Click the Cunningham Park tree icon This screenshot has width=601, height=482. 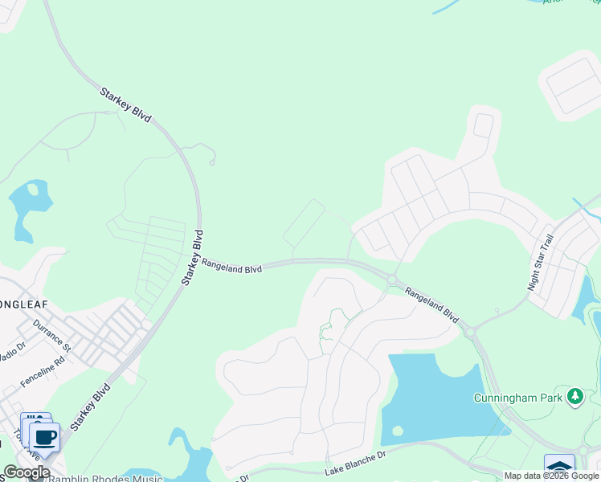point(574,396)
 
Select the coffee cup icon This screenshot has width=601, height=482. point(45,438)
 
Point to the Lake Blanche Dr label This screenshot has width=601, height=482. point(355,464)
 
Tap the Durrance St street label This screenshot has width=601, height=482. point(52,336)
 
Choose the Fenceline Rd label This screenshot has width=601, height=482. point(43,373)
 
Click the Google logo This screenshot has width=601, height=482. point(27,472)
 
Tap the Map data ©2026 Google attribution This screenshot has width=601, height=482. point(551,476)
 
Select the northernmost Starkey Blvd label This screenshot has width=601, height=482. point(125,105)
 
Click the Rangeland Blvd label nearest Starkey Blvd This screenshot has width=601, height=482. point(232,265)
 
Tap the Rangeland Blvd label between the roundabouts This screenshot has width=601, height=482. point(431,305)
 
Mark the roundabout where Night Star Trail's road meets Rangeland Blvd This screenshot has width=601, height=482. point(470,329)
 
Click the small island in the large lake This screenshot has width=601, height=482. point(397,430)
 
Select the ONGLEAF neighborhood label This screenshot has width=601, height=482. point(24,304)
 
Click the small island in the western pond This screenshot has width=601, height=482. point(33,190)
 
